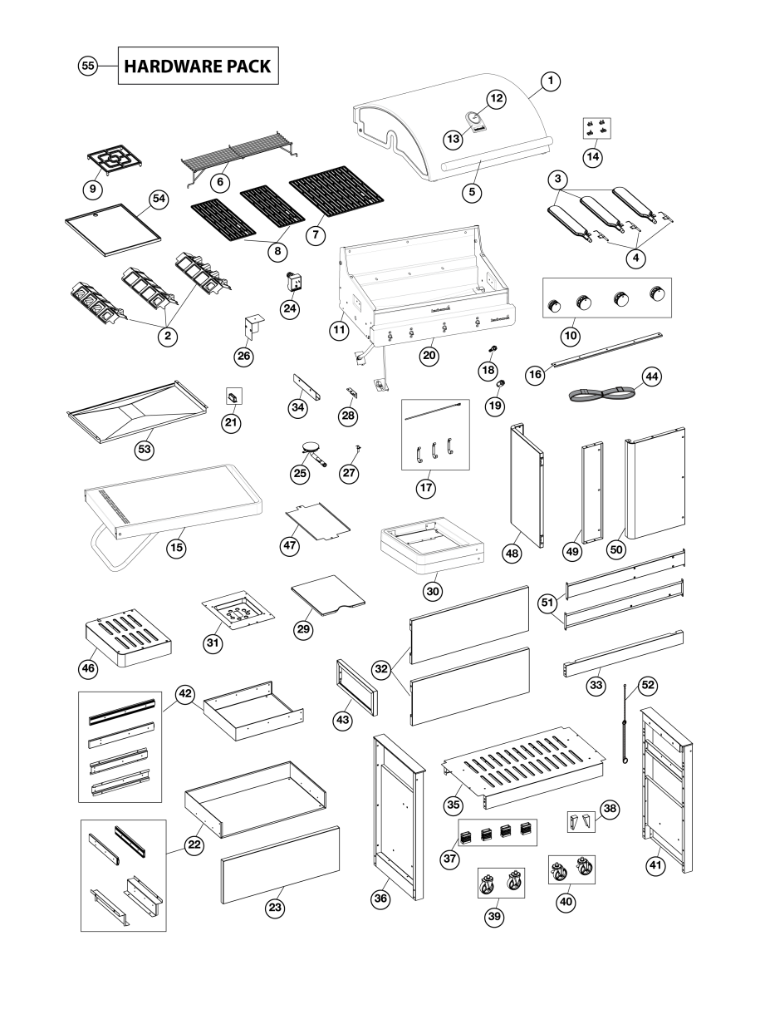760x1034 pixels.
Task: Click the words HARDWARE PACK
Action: (x=197, y=66)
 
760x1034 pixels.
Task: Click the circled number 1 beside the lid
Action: (x=551, y=81)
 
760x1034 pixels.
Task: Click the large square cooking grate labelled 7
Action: (x=336, y=196)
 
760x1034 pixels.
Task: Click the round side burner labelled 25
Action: (x=313, y=450)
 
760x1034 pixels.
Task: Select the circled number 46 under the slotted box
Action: (x=88, y=667)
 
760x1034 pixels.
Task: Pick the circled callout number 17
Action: (x=426, y=489)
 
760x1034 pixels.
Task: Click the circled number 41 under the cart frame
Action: (x=657, y=865)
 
